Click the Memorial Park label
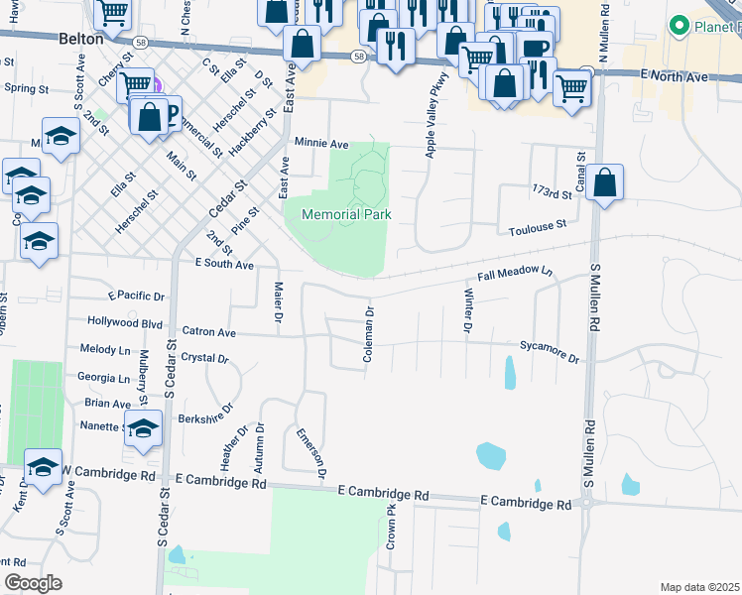[346, 214]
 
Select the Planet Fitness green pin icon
[680, 26]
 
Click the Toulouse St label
[537, 226]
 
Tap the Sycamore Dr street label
[549, 352]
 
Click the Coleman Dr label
[368, 332]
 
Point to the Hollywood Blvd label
[125, 322]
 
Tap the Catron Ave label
[208, 332]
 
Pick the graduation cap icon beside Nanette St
[143, 429]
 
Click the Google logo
[33, 583]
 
